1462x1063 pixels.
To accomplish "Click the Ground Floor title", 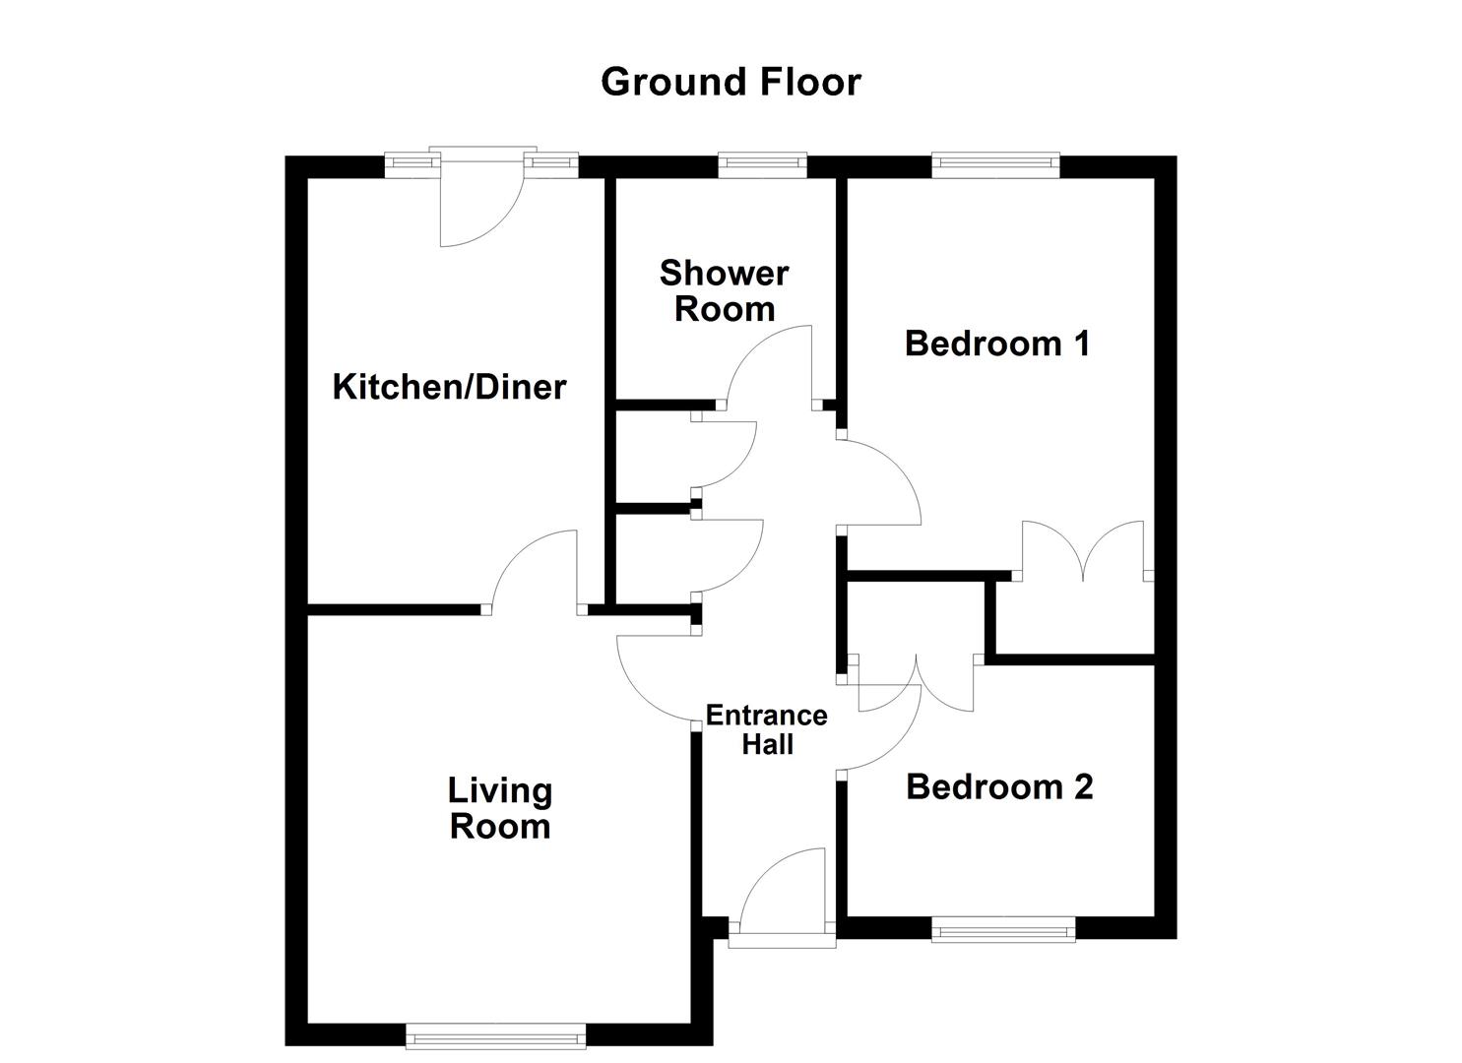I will point(731,82).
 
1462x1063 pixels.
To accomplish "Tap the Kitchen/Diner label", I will point(449,387).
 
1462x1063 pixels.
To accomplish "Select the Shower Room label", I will point(724,291).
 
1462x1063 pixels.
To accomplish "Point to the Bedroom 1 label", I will point(996,344).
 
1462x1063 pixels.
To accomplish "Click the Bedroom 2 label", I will point(998,786).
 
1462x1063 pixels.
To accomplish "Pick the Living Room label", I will point(499,808).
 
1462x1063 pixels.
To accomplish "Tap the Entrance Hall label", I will point(766,729).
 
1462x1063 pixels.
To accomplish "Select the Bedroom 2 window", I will point(1003,928).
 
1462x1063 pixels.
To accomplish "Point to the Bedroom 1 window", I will point(995,165).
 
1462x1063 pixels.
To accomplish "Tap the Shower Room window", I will point(762,165).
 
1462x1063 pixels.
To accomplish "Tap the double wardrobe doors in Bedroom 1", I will point(1083,551).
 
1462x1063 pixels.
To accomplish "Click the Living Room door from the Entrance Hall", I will point(655,679).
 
